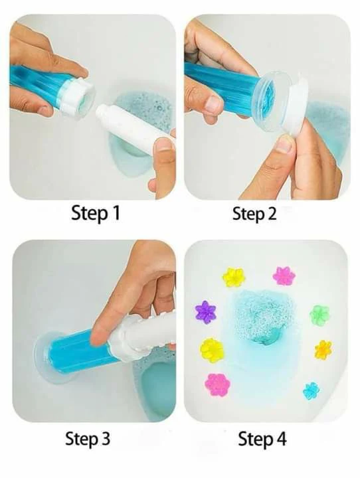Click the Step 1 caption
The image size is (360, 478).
point(96,213)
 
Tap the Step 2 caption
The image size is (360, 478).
point(254,213)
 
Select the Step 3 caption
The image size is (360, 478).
point(88,439)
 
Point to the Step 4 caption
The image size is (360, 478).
point(262,439)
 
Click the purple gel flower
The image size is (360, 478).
point(206,312)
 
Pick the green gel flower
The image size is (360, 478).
point(319,315)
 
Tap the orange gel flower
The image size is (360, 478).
point(323,350)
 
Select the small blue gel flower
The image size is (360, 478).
point(312,391)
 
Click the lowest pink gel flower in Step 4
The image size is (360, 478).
point(217,385)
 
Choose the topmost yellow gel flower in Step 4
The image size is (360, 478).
point(234,277)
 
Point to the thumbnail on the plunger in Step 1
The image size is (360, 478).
point(163,144)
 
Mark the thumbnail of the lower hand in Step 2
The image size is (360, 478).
point(284,143)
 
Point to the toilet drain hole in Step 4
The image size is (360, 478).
point(265,337)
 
